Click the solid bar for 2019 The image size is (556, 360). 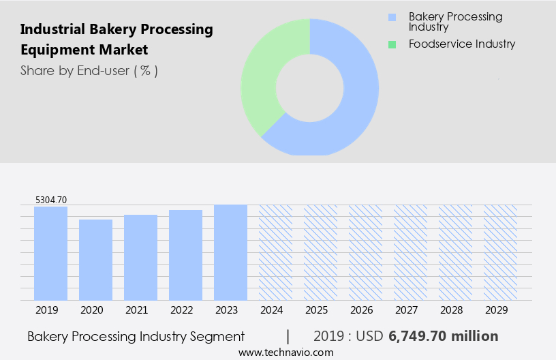[51, 253]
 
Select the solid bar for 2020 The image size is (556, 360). [96, 260]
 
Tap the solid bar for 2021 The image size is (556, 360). [141, 257]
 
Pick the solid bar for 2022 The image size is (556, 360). [186, 255]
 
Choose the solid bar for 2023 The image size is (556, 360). [231, 252]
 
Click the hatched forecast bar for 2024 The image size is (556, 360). [275, 252]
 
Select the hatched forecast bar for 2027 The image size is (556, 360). [410, 252]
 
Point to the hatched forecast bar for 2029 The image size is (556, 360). [500, 252]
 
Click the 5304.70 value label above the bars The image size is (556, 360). [51, 200]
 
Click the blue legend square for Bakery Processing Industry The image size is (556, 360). [391, 17]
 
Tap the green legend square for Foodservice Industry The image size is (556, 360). [391, 44]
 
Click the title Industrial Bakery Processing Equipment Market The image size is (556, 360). [116, 40]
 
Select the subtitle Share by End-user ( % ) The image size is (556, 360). [89, 70]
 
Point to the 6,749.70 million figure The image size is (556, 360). [444, 336]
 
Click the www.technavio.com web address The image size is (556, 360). [285, 352]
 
